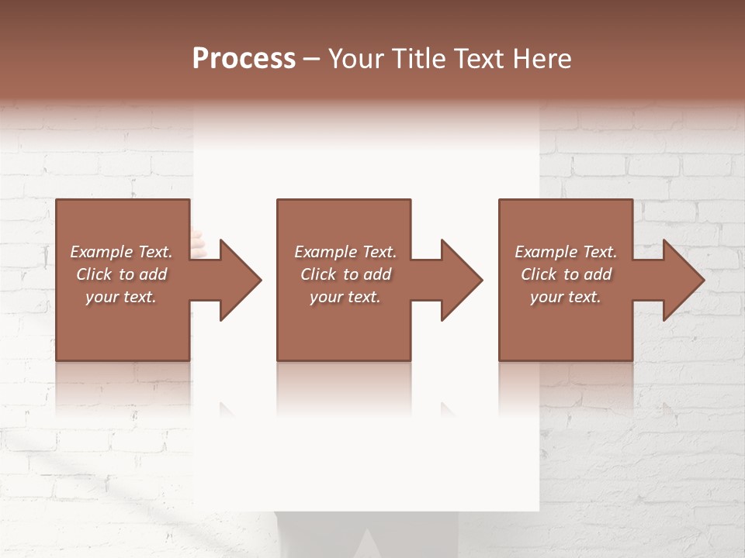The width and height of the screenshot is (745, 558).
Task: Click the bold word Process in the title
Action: [244, 59]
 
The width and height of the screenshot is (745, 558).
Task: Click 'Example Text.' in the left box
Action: [121, 252]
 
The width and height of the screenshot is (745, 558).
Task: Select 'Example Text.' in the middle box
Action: [345, 252]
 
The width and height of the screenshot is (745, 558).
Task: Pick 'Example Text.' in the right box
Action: [566, 252]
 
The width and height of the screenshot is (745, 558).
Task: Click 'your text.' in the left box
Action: [121, 297]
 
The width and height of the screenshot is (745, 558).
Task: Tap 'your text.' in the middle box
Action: [345, 297]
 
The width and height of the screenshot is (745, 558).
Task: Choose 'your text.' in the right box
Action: [566, 297]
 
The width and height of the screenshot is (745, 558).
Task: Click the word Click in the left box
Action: [94, 274]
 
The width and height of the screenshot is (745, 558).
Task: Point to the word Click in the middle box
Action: [318, 274]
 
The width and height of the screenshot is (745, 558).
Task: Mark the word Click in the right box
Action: [539, 274]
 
